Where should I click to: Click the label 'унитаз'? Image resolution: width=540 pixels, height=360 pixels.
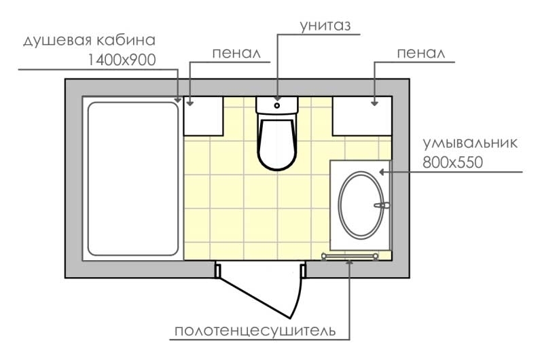[x=325, y=26]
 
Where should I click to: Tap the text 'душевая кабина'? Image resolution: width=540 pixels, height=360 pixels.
[x=90, y=40]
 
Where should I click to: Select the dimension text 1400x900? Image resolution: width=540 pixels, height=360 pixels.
[x=122, y=60]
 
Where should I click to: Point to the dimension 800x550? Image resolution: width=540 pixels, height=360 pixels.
[x=452, y=162]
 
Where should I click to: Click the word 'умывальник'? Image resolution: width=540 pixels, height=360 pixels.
[x=470, y=143]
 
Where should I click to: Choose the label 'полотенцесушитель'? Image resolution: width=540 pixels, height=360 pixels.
[x=255, y=331]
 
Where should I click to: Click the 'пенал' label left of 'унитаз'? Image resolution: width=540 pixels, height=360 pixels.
[x=236, y=54]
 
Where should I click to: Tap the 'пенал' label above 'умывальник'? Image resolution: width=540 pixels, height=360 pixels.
[x=421, y=54]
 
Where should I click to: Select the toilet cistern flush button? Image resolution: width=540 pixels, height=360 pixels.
[x=277, y=105]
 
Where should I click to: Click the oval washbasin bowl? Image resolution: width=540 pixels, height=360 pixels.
[x=361, y=205]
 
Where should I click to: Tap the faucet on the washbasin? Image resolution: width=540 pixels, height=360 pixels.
[x=382, y=205]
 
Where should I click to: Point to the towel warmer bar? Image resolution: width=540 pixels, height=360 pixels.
[x=350, y=256]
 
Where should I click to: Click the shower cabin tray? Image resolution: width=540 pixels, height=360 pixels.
[x=133, y=179]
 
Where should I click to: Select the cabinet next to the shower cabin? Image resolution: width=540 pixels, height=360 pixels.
[x=204, y=116]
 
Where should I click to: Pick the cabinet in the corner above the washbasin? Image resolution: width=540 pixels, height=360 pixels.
[x=362, y=116]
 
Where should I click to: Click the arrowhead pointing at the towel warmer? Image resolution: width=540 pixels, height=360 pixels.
[x=350, y=262]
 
